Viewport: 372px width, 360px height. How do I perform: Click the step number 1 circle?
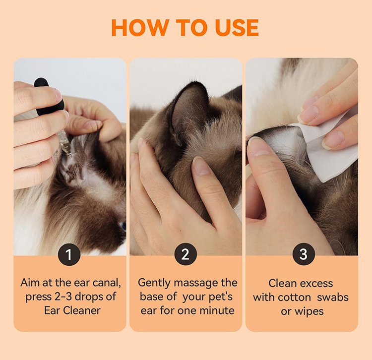[69, 254]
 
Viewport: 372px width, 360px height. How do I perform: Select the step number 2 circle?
[186, 254]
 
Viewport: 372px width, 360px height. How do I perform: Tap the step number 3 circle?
[304, 254]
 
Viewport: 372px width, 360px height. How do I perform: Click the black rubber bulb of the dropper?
[49, 97]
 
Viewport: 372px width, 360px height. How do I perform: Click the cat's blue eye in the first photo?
[124, 227]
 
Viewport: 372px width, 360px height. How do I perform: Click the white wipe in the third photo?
[330, 147]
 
